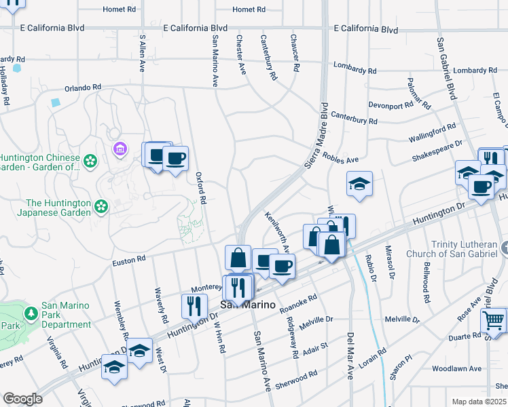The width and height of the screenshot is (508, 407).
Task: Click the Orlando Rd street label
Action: tap(82, 88)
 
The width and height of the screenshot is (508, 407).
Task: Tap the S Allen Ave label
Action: tap(143, 54)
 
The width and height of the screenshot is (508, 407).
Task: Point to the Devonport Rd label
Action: tap(390, 105)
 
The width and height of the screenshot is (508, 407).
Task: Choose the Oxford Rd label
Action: tap(201, 187)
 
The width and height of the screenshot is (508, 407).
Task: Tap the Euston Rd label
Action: tap(129, 259)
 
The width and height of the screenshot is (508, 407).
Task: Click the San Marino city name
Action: tap(250, 305)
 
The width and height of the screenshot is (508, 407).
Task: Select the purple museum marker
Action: tap(121, 148)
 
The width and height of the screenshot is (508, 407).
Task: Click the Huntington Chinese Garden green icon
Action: tap(90, 161)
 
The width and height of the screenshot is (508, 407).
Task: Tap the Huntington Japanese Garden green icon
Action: tap(101, 206)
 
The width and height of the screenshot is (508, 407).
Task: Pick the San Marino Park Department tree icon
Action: tap(31, 313)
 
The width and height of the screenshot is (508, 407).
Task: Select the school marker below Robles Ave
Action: tap(359, 183)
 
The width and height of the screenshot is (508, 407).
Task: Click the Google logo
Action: tap(22, 399)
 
